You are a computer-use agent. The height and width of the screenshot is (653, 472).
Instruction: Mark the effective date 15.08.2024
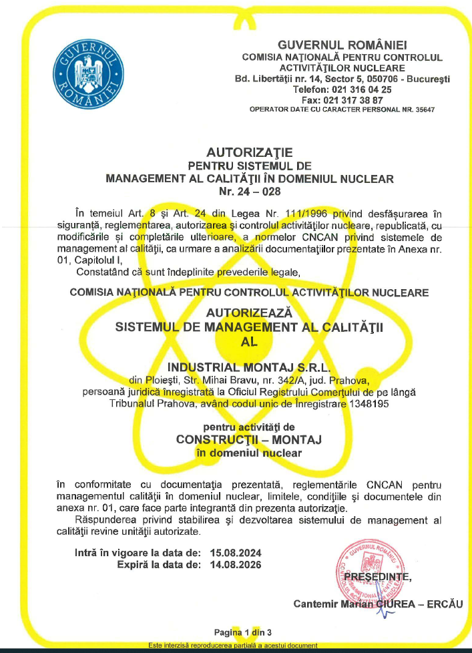pos(236,553)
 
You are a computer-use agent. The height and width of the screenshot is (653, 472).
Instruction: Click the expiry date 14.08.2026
pos(236,565)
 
